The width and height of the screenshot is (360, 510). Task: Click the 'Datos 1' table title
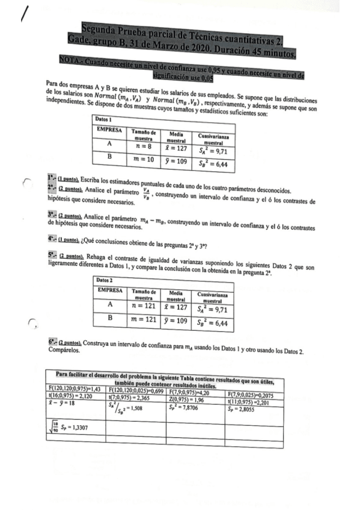[x=106, y=120]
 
